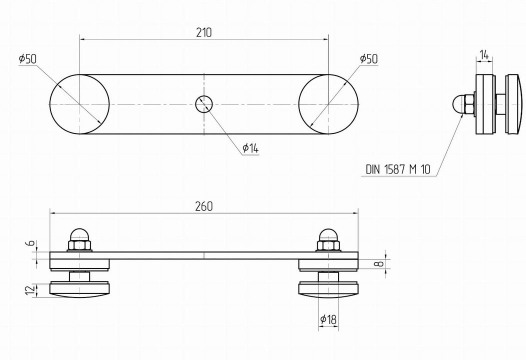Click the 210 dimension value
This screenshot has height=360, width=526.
[204, 32]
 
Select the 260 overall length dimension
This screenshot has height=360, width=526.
[204, 206]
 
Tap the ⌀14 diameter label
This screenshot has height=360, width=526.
[250, 148]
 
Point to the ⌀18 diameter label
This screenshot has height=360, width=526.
[328, 319]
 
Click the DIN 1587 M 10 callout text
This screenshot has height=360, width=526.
[398, 169]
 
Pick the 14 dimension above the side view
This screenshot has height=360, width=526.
[484, 54]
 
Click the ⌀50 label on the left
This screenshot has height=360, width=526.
[27, 59]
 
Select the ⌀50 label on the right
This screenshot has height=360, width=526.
[368, 58]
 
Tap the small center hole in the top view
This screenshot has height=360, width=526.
[204, 104]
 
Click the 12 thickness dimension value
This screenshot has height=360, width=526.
[30, 290]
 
